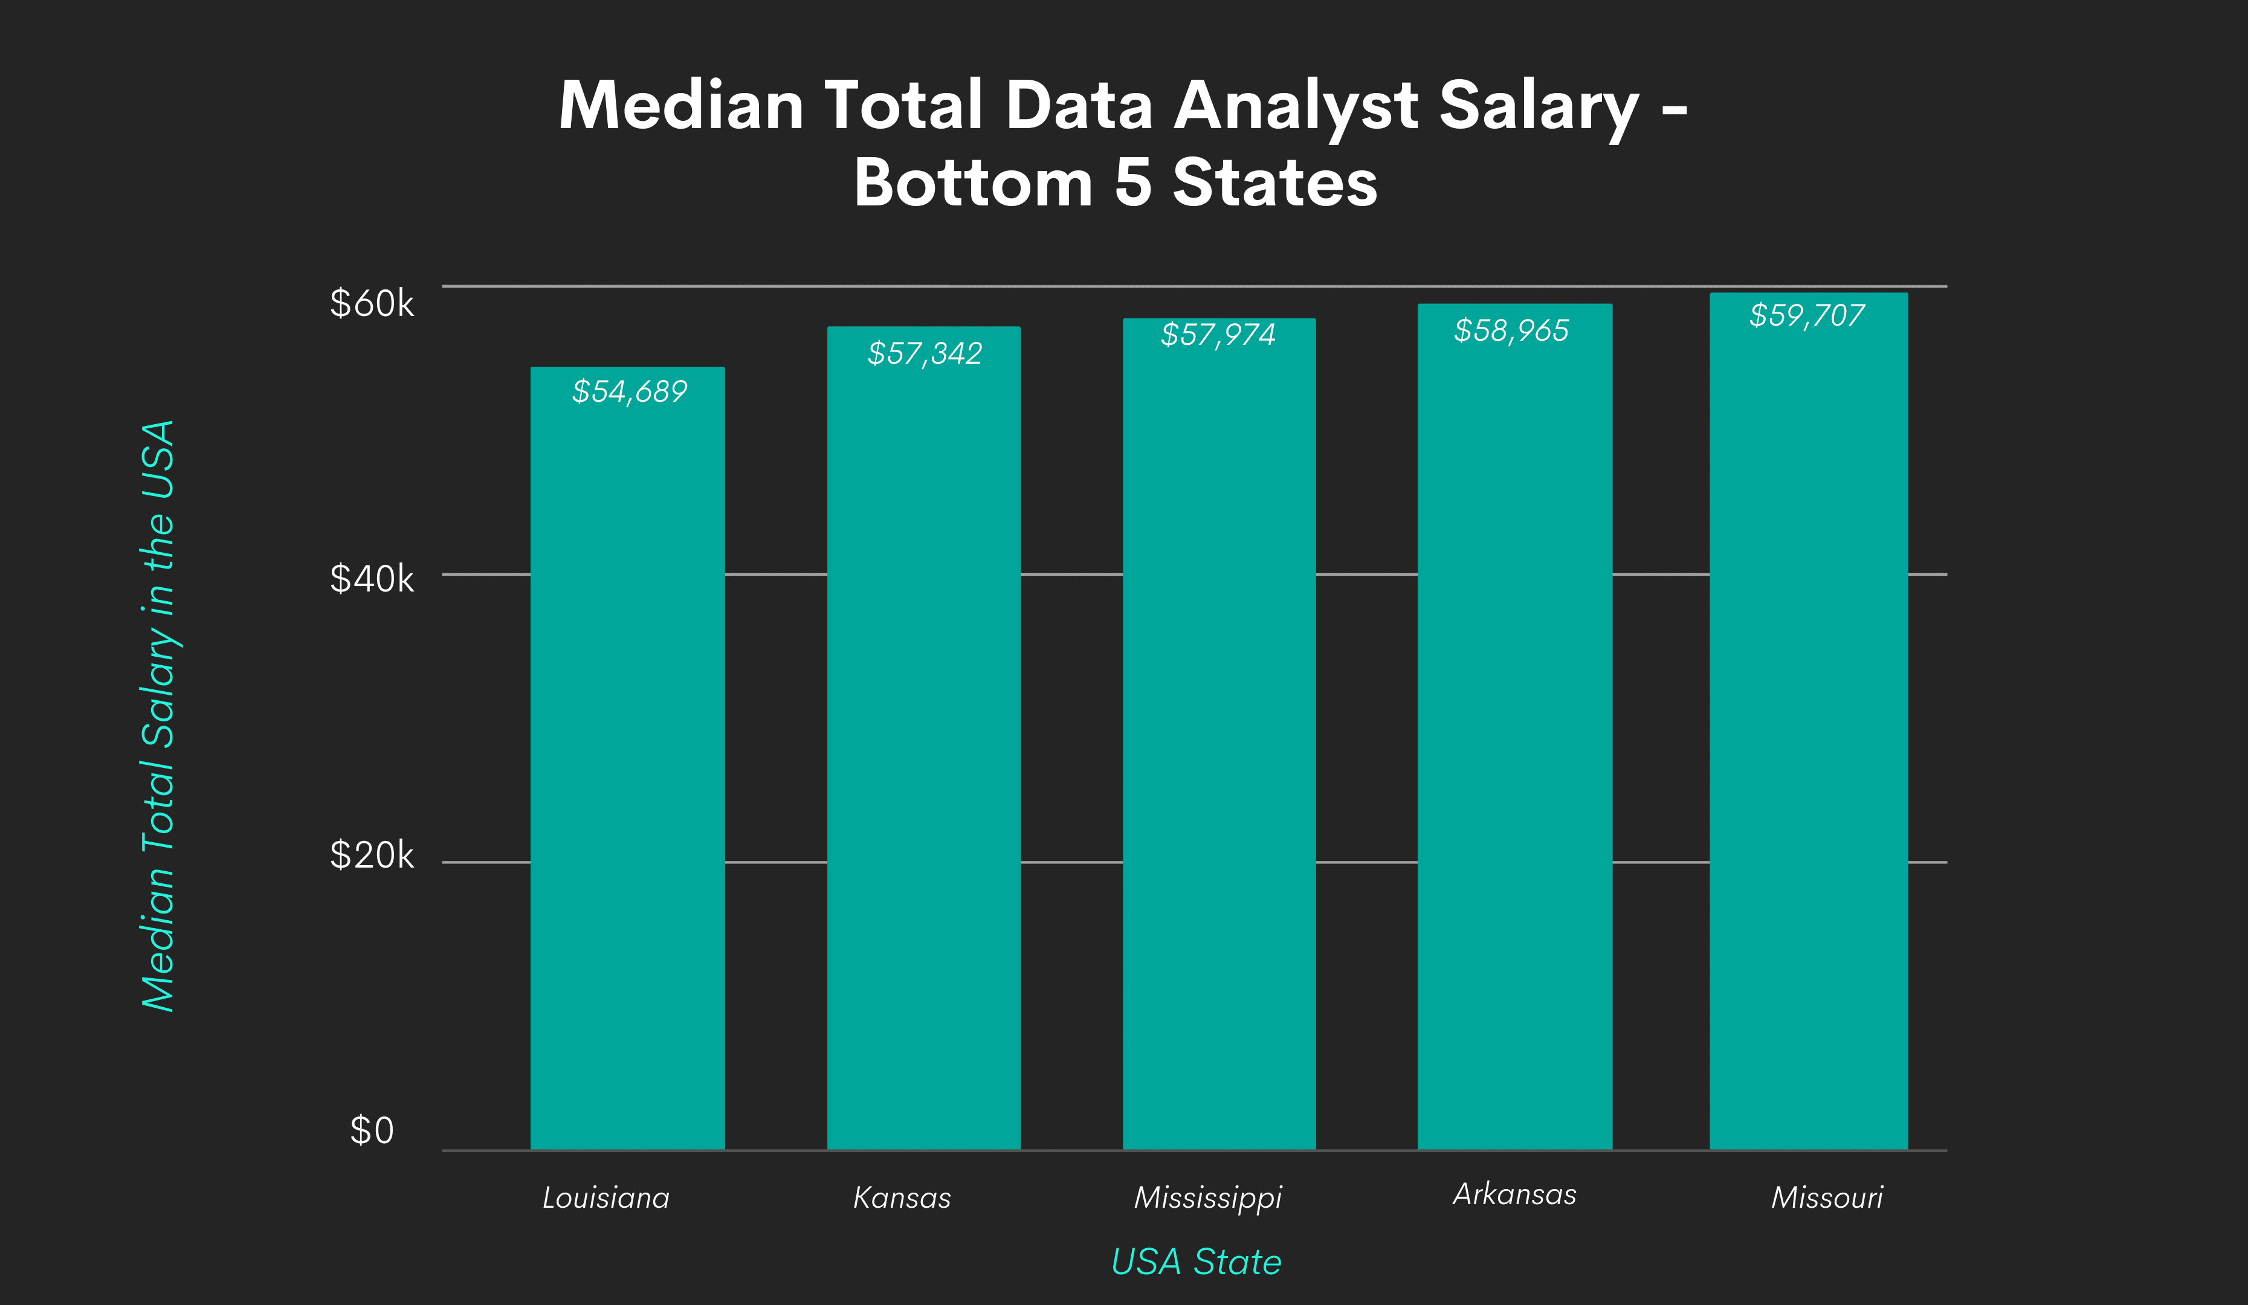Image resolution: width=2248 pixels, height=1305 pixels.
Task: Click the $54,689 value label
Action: pos(630,391)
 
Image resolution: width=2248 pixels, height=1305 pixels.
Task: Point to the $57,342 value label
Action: pos(925,353)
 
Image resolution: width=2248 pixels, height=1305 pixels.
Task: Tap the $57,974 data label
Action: pos(1218,335)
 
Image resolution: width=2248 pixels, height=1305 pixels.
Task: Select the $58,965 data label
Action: pos(1511,331)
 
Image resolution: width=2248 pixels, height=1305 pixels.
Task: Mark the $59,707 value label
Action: pos(1806,315)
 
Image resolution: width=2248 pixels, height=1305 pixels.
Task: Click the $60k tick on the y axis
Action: pos(372,303)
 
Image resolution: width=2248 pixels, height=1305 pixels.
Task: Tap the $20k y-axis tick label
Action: pos(372,855)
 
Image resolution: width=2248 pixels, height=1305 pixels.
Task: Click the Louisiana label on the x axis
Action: pos(606,1197)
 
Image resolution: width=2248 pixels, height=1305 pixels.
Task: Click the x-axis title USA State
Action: pos(1197,1261)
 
